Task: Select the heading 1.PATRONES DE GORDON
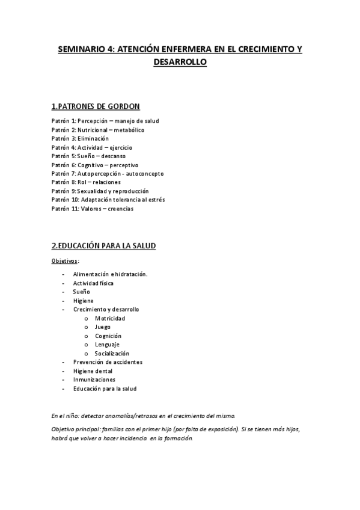[96, 106]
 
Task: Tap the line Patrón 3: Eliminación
[80, 138]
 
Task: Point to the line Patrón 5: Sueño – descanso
[88, 156]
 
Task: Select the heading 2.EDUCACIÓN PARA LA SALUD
[104, 245]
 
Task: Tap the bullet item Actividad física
[93, 283]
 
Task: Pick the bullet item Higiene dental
[93, 371]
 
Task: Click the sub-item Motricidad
[110, 318]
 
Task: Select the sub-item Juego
[103, 327]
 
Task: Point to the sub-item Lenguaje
[107, 345]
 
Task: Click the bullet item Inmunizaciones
[94, 379]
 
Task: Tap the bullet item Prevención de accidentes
[108, 362]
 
